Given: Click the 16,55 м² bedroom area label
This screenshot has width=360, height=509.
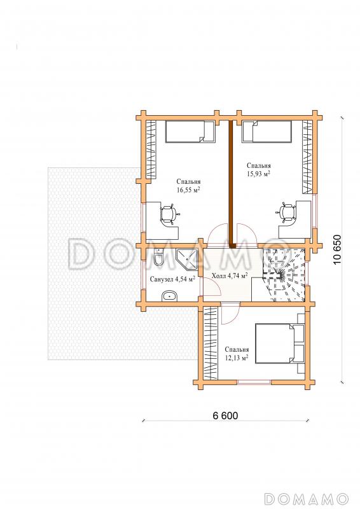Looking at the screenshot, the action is (188, 186).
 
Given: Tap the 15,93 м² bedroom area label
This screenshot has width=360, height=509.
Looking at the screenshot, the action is (259, 170).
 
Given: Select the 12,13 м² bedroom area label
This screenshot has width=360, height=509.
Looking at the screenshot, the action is (237, 354).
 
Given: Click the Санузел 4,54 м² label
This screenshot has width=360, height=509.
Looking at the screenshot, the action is (172, 279).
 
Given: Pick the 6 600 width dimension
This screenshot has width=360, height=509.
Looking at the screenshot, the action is (225, 415).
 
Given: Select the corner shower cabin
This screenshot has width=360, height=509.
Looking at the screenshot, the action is (186, 259).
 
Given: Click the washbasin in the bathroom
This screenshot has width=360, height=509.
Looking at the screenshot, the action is (169, 295).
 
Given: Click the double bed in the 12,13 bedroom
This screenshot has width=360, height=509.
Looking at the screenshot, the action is (280, 343).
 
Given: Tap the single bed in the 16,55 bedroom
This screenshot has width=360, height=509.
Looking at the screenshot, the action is (191, 132).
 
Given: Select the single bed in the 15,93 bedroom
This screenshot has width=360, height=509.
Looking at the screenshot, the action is (267, 132).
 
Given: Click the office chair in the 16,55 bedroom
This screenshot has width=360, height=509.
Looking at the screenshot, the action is (169, 214).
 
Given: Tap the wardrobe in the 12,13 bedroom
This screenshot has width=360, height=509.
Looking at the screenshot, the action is (211, 343).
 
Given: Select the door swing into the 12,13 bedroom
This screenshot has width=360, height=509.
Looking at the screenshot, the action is (230, 313).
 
